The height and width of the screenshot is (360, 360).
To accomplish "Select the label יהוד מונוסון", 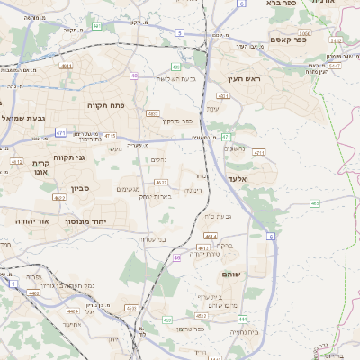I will tap(112, 220).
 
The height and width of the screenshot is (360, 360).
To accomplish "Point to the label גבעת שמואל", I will tap(26, 118).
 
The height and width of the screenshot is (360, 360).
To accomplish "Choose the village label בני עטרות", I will tap(152, 239).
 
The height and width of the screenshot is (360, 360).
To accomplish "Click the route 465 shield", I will tap(315, 203).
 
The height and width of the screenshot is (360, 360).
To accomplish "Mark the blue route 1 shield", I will tap(13, 283).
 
